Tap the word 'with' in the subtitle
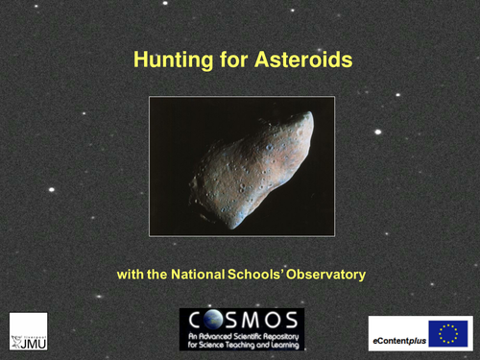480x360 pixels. [x=130, y=276]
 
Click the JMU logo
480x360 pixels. [x=28, y=331]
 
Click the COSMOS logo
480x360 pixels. [x=241, y=329]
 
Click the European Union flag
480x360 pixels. [x=446, y=332]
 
